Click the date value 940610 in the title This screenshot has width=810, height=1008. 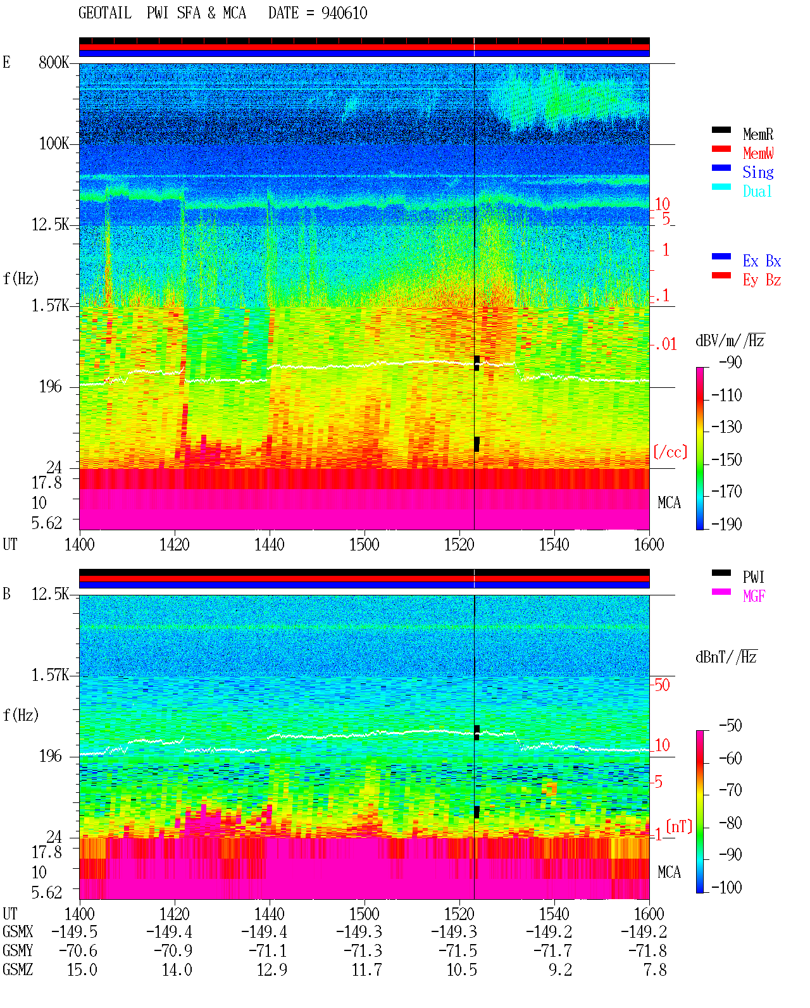point(344,13)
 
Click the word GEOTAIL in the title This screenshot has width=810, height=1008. point(105,13)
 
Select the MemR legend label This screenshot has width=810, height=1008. point(758,134)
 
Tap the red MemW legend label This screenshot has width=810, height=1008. point(758,153)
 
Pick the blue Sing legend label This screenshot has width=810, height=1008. point(758,172)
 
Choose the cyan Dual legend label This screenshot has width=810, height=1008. point(757,191)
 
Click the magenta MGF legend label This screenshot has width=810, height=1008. point(754,596)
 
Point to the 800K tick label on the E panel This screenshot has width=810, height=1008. point(54,62)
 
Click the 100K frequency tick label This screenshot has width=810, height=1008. point(54,144)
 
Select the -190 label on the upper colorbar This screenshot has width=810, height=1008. point(726,524)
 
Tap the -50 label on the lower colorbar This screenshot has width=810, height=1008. point(730,726)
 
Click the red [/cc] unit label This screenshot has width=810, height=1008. point(670,452)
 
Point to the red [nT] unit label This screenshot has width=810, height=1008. point(679,826)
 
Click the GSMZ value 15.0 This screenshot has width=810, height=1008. point(82,970)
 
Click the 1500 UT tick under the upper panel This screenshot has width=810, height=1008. point(364,545)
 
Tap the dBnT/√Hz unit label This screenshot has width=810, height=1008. point(726,657)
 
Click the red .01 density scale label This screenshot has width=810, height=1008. point(665,345)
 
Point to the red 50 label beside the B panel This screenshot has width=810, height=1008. point(662,685)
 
